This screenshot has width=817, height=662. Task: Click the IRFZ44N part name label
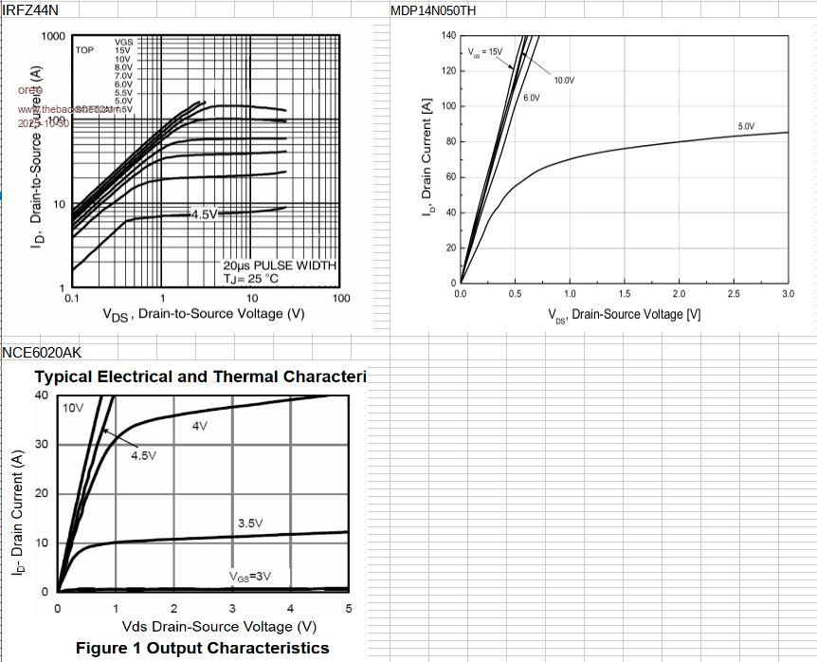tap(29, 9)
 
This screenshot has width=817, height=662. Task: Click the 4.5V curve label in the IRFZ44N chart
tap(204, 214)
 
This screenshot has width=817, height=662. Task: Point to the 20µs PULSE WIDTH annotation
tap(280, 266)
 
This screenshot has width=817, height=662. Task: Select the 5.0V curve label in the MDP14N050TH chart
tap(746, 126)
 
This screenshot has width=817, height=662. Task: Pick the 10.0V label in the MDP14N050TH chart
tap(564, 81)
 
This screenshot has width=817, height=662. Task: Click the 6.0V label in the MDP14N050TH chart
tap(532, 98)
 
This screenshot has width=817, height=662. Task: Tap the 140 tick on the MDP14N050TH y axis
tap(448, 35)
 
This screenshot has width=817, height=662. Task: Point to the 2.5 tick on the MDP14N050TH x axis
tap(734, 294)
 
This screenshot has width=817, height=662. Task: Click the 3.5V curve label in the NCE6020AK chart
tap(250, 524)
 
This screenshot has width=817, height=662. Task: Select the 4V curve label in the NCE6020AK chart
tap(199, 426)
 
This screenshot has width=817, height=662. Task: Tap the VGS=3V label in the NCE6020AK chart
tap(249, 576)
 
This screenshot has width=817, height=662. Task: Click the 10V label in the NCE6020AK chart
tap(73, 408)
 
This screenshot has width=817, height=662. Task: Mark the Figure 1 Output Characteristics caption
tap(203, 648)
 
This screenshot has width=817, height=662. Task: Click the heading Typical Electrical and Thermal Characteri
tap(200, 377)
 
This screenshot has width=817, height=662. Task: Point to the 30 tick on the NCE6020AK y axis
tap(41, 444)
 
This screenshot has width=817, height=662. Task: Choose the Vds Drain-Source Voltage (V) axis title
tap(219, 627)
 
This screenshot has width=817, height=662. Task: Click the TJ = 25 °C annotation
tap(251, 279)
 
